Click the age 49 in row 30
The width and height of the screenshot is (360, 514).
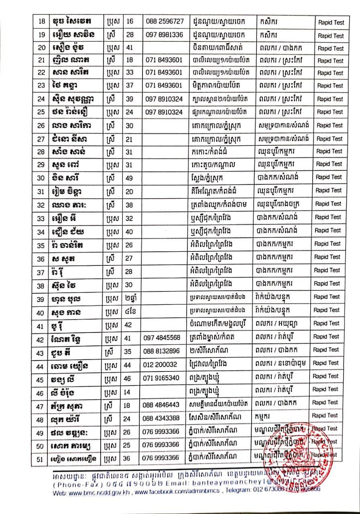130,177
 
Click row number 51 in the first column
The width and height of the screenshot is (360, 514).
40,458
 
